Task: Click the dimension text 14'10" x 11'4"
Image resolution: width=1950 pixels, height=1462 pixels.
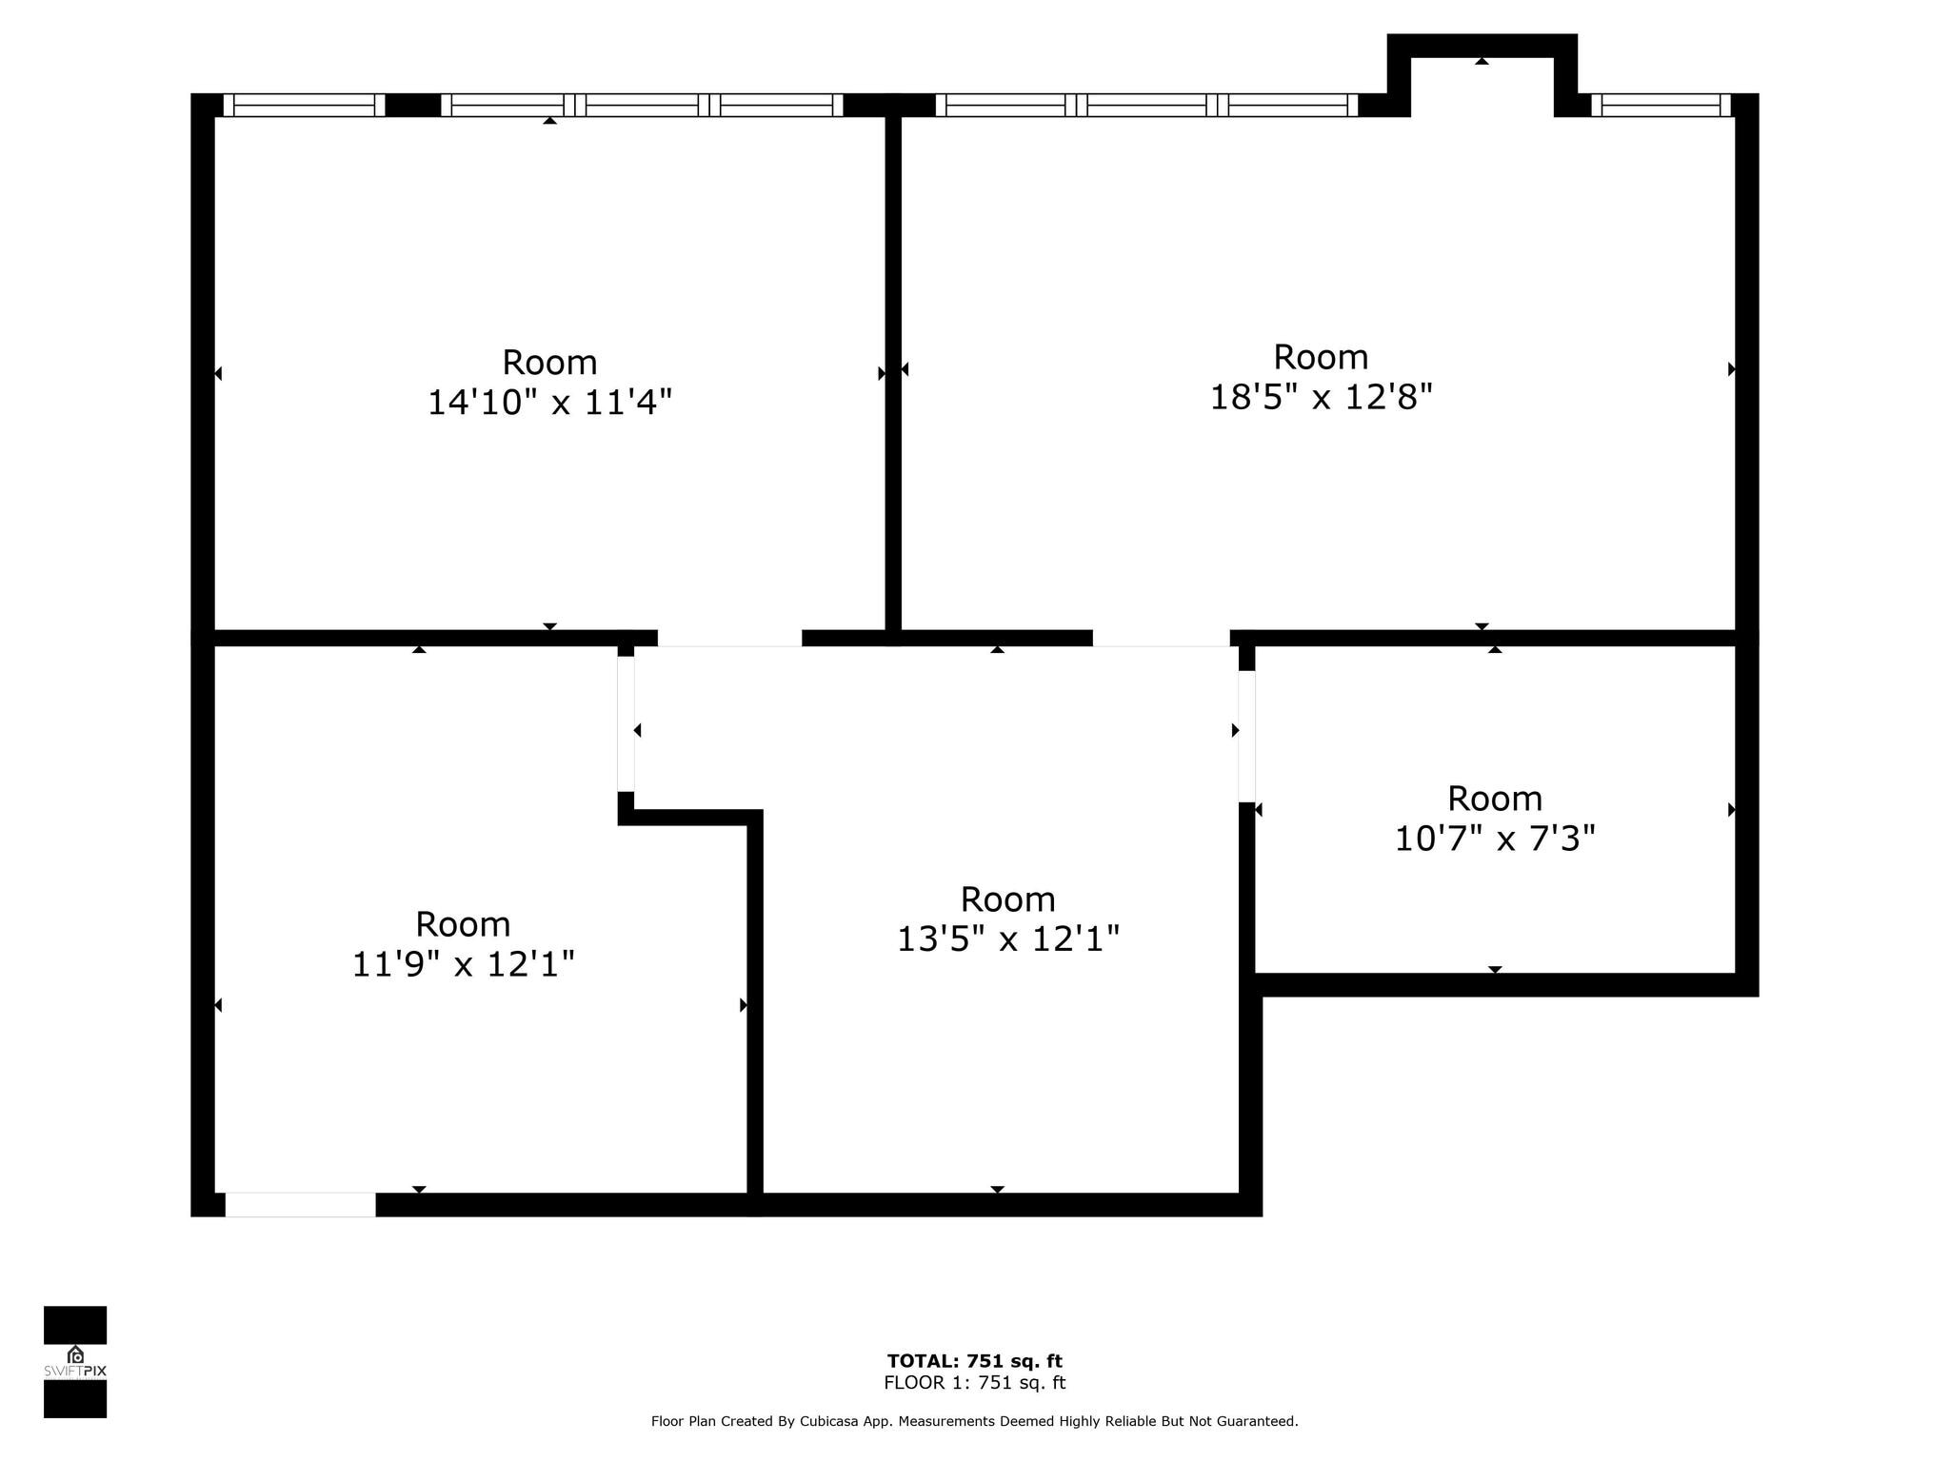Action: (549, 403)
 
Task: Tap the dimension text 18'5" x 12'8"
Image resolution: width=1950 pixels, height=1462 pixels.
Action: (1321, 397)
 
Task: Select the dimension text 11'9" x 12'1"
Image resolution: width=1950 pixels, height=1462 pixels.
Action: (463, 965)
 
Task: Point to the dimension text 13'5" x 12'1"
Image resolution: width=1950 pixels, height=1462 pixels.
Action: (1007, 940)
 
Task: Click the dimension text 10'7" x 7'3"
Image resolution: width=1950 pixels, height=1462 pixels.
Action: (1494, 840)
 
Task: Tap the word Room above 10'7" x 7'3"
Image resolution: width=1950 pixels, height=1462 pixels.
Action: (1494, 799)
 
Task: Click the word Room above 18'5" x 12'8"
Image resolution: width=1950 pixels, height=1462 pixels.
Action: (1321, 358)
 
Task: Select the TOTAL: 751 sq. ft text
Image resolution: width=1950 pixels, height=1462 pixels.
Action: (974, 1361)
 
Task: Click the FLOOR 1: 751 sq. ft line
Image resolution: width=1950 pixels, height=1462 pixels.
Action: (974, 1383)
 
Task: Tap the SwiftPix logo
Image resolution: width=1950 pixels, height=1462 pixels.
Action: (75, 1362)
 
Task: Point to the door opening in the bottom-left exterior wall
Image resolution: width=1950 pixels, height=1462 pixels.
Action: (300, 1205)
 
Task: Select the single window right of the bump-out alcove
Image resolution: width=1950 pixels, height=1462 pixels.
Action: (1661, 105)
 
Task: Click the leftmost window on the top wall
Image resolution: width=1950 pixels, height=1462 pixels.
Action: (304, 105)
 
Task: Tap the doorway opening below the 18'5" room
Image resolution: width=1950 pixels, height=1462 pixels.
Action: (1161, 638)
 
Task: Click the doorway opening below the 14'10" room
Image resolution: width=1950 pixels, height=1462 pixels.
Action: (729, 638)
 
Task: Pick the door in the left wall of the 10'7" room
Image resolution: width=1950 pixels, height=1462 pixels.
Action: (1246, 736)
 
